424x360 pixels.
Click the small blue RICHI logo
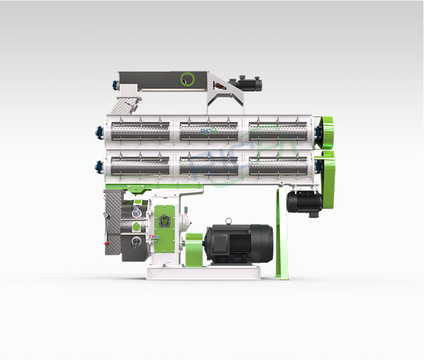point(209,131)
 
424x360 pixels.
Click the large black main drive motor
point(239,244)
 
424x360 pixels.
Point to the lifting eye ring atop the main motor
point(229,221)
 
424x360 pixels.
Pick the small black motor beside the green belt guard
point(305,201)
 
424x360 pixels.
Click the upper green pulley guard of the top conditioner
point(325,133)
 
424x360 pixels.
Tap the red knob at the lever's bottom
point(107,243)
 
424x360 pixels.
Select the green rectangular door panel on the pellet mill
point(165,229)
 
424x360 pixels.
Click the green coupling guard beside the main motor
point(194,250)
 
